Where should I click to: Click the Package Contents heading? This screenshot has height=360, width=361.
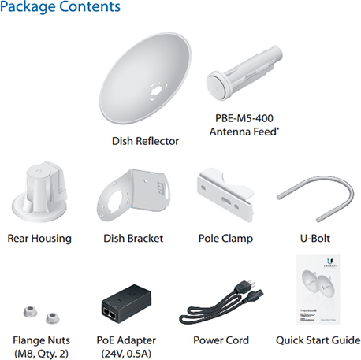pyautogui.click(x=60, y=7)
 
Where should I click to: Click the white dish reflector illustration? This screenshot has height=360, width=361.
pyautogui.click(x=145, y=79)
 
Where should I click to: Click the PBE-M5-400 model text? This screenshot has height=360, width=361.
pyautogui.click(x=244, y=118)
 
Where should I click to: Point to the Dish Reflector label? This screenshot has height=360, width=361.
pyautogui.click(x=145, y=141)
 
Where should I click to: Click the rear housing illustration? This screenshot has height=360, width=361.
pyautogui.click(x=39, y=192)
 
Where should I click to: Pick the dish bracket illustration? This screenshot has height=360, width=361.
pyautogui.click(x=132, y=195)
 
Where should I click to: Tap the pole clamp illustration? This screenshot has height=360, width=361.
pyautogui.click(x=226, y=195)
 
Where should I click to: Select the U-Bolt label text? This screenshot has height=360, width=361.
pyautogui.click(x=315, y=239)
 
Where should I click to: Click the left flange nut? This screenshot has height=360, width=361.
pyautogui.click(x=30, y=312)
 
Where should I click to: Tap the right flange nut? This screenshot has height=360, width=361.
pyautogui.click(x=53, y=318)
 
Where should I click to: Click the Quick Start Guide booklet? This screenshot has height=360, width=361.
pyautogui.click(x=318, y=289)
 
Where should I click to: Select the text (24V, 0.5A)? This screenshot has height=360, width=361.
pyautogui.click(x=126, y=354)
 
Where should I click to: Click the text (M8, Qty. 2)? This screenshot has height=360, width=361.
pyautogui.click(x=41, y=354)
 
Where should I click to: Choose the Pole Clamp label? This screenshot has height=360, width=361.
pyautogui.click(x=225, y=239)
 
